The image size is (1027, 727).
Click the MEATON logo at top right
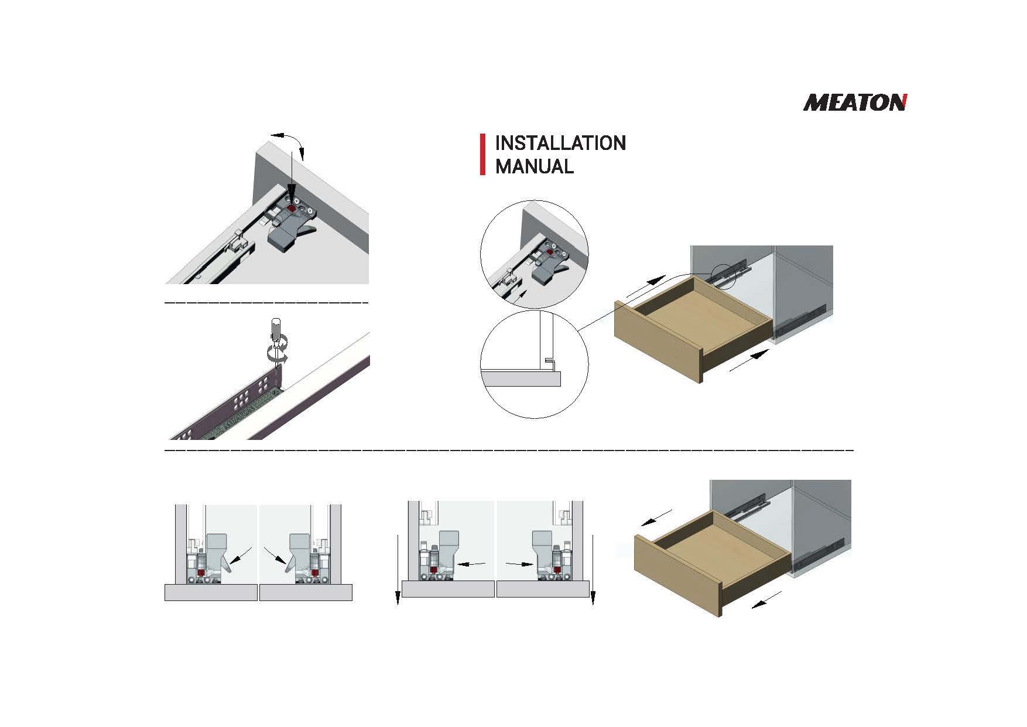(855, 103)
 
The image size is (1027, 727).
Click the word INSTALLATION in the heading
(560, 143)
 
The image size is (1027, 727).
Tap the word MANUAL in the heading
(535, 166)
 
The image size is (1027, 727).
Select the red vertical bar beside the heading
(482, 154)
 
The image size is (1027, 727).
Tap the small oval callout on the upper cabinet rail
(724, 275)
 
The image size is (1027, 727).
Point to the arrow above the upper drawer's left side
(646, 286)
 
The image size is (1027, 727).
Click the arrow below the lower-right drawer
(766, 600)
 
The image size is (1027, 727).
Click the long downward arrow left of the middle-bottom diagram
(398, 569)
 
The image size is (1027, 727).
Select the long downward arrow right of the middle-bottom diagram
(593, 569)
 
